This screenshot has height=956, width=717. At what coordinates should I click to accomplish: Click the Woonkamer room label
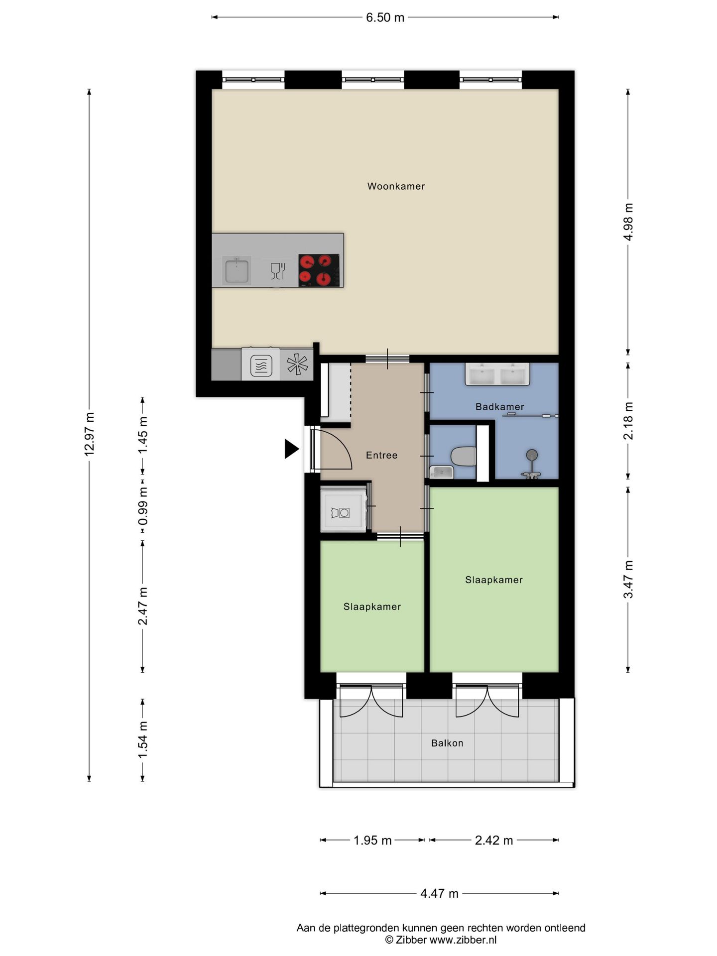click(396, 186)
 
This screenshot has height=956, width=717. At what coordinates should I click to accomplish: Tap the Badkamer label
click(499, 407)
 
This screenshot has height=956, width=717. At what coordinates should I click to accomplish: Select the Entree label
click(381, 455)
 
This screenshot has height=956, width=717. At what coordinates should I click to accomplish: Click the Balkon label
click(447, 743)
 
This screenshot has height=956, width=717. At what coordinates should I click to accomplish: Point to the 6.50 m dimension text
click(385, 17)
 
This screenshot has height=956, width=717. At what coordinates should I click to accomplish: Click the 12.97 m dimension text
click(90, 434)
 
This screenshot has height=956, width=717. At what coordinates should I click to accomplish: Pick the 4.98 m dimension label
click(628, 222)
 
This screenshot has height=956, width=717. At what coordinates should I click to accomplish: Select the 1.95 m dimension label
click(372, 840)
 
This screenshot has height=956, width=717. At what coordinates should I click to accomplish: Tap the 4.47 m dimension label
click(439, 893)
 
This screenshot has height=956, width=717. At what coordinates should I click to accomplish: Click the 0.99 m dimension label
click(143, 506)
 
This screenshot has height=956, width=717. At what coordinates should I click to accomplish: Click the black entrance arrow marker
click(291, 449)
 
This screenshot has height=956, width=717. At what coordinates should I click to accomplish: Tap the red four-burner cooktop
click(320, 270)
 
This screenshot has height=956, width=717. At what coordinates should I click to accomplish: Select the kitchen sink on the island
click(237, 270)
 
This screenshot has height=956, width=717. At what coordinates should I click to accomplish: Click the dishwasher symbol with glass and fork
click(277, 271)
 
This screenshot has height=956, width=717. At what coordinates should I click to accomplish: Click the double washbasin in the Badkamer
click(497, 374)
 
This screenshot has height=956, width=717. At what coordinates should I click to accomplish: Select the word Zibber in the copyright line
click(411, 940)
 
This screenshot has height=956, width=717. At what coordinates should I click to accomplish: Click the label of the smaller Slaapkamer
click(372, 606)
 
